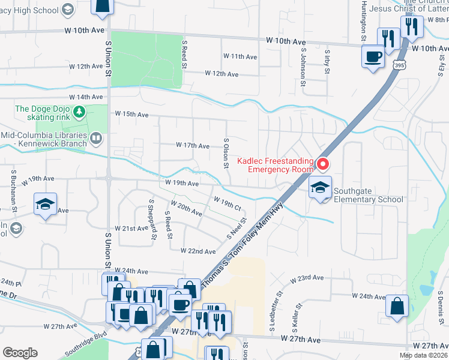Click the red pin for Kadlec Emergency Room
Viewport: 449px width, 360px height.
point(323,163)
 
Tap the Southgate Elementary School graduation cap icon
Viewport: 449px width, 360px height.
point(320,188)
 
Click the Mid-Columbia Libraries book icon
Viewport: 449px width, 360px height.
point(95,139)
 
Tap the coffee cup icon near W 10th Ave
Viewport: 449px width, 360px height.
point(373,58)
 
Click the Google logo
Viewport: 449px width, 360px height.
point(20,353)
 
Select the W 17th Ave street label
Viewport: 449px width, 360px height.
point(192,146)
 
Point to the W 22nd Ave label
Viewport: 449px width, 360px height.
point(198,251)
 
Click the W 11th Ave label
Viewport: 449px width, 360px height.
point(240,56)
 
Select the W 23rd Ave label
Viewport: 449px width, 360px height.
point(307,279)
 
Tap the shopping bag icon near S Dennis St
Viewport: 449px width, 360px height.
point(397,306)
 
